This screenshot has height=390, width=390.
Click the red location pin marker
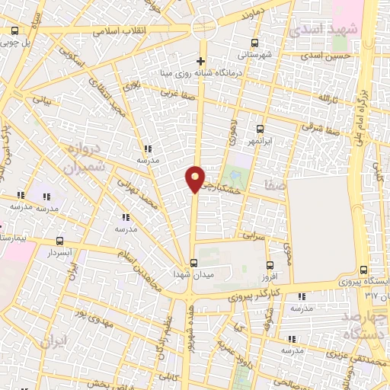(x=195, y=178)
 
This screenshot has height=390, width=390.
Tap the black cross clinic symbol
(x=201, y=61)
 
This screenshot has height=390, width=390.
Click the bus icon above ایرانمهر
(x=261, y=129)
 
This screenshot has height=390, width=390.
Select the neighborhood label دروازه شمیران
(x=85, y=158)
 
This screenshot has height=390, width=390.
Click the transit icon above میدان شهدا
(x=193, y=264)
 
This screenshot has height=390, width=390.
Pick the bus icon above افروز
(x=270, y=265)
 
